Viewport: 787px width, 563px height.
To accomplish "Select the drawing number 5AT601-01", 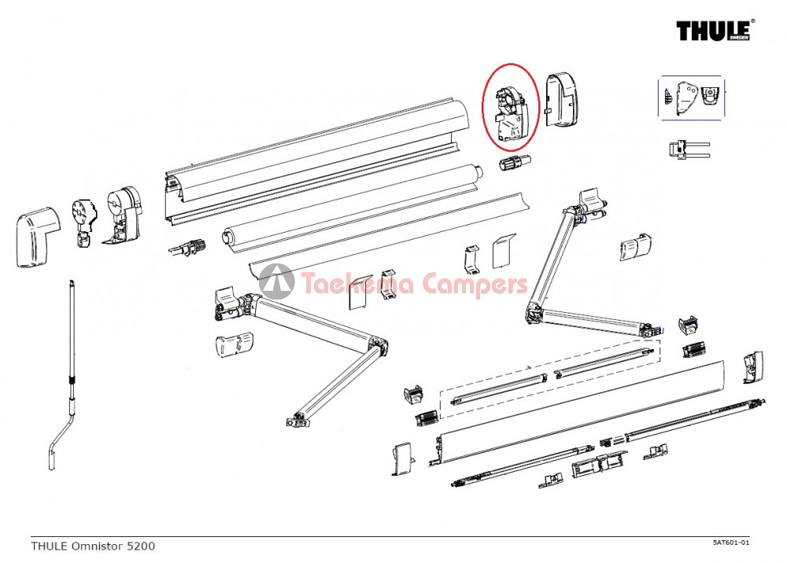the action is point(731,542).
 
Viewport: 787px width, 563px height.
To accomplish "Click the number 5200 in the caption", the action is point(141,546).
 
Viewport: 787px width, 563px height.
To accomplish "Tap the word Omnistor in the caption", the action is point(98,546).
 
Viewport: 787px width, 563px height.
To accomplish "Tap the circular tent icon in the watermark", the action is point(276,281).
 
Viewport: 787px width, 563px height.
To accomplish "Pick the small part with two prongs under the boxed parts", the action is point(689,149).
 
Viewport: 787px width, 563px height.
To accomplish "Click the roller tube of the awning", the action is point(351,204).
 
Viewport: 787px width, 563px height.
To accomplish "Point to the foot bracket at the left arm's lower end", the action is point(297,420).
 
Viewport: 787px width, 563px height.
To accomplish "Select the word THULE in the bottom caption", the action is point(49,546).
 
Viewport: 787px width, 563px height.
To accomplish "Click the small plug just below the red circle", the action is point(515,163).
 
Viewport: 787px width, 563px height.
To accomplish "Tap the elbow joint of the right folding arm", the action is point(534,311).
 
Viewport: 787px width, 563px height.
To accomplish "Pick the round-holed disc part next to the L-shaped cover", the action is point(84,222).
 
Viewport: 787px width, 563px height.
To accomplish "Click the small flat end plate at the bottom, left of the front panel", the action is point(403,458).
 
